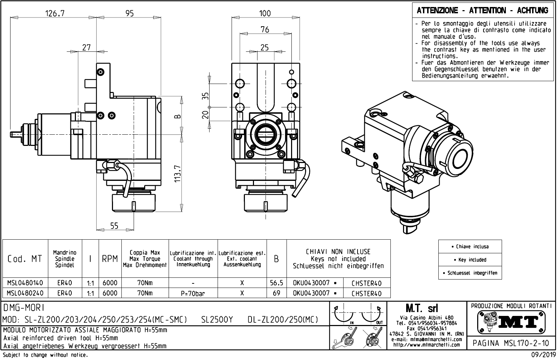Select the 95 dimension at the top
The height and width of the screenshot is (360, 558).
pyautogui.click(x=129, y=13)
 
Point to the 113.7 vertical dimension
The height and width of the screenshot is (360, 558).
pyautogui.click(x=178, y=174)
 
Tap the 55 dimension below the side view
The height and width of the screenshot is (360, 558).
pyautogui.click(x=114, y=226)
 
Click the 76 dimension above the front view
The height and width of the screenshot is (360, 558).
pyautogui.click(x=265, y=30)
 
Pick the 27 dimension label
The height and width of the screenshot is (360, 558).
pyautogui.click(x=86, y=47)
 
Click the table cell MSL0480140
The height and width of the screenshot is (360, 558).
pyautogui.click(x=25, y=283)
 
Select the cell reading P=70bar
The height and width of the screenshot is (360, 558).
pyautogui.click(x=193, y=293)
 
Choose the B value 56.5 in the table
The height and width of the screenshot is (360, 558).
pyautogui.click(x=276, y=283)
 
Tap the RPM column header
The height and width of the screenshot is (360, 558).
pyautogui.click(x=110, y=259)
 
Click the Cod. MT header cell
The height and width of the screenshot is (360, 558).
pyautogui.click(x=25, y=259)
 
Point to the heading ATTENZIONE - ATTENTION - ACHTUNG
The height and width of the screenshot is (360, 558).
pyautogui.click(x=482, y=10)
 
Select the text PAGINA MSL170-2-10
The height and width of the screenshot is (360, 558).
pyautogui.click(x=511, y=343)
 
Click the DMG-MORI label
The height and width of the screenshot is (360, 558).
pyautogui.click(x=23, y=308)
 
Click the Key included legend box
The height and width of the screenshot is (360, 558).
pyautogui.click(x=470, y=260)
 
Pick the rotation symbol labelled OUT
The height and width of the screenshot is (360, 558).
pyautogui.click(x=372, y=315)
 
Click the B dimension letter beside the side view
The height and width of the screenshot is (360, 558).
pyautogui.click(x=177, y=117)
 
